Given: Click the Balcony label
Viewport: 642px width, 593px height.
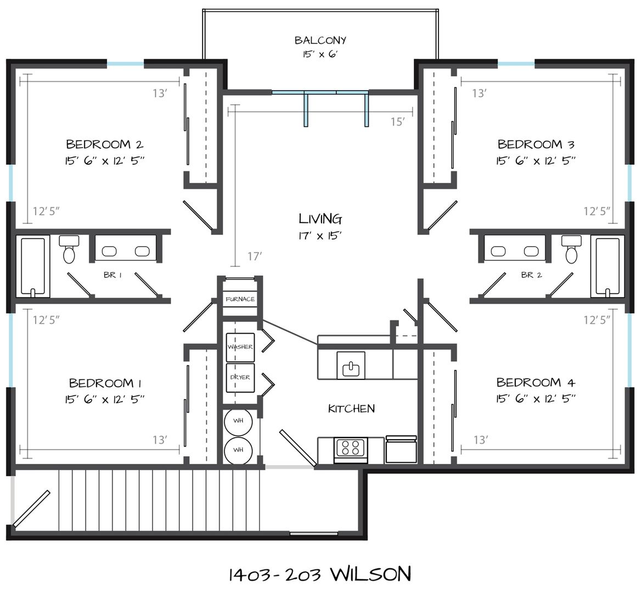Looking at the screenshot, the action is pos(320,40).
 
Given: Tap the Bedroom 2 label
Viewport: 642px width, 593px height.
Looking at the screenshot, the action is pos(104,144).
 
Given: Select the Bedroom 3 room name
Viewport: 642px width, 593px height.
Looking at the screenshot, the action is pos(536,144).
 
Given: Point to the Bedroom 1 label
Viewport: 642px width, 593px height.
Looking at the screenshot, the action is pos(105,383).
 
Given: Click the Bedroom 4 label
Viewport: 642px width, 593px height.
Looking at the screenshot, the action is pos(536,382).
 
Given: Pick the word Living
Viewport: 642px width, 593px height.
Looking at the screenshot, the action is pos(320,219).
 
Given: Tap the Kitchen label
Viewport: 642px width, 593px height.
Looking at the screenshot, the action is pos(351,409).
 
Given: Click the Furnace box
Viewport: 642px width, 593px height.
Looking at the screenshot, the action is pos(240,299).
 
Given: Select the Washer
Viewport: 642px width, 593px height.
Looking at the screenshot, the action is pos(240,347).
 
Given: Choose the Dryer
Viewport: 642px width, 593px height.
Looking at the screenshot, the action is pos(240,377).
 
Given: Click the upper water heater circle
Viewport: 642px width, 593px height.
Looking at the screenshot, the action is pos(238,421).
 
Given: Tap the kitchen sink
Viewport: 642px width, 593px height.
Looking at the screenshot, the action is pos(351,365).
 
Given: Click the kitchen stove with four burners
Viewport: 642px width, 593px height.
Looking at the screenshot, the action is pos(351,450).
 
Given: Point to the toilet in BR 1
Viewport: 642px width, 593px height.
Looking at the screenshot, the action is pos(69,249).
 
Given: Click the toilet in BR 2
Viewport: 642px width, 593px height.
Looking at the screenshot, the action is pos(571,249).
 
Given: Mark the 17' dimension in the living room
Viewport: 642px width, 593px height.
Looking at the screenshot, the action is pos(254,256).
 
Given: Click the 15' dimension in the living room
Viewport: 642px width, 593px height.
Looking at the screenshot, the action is pos(398,122).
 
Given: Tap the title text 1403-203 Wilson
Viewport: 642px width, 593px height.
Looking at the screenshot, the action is pos(319,574).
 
